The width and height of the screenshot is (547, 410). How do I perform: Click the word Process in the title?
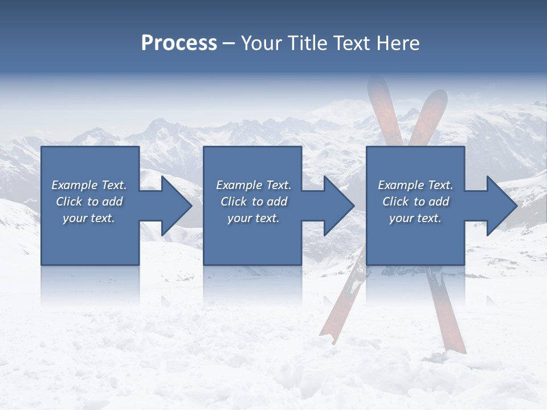[x=179, y=43]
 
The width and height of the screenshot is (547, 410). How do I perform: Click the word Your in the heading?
[x=261, y=43]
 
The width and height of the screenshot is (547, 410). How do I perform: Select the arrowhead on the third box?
[x=501, y=206]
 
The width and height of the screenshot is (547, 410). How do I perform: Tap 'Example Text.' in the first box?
[x=89, y=185]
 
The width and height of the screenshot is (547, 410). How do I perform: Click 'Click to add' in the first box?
[x=89, y=202]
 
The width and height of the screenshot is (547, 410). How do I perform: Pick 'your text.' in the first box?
[x=89, y=218]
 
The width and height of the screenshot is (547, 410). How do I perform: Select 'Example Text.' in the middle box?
[x=254, y=185]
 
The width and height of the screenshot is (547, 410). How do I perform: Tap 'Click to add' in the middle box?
[x=254, y=202]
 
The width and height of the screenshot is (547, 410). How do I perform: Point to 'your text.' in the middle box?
[x=254, y=218]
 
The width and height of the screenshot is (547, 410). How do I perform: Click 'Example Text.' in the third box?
[x=415, y=185]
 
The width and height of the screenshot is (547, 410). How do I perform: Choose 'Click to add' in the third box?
[x=415, y=202]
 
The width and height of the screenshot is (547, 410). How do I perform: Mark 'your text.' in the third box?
[x=415, y=218]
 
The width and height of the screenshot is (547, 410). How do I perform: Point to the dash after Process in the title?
[x=229, y=44]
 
